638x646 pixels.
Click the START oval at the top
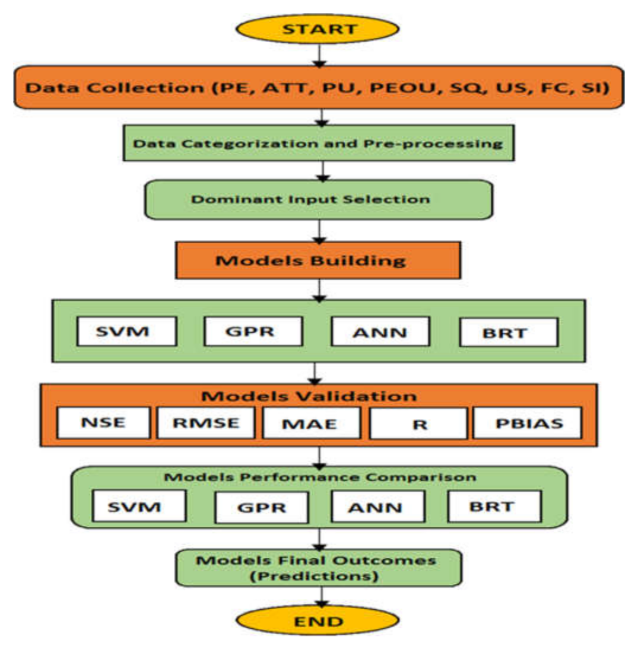(x=318, y=28)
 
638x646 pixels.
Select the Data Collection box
(x=318, y=88)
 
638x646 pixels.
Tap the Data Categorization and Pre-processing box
(x=318, y=143)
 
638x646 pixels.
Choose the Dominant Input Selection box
(x=318, y=199)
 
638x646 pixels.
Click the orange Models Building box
(x=318, y=260)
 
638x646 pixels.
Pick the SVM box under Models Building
(x=126, y=331)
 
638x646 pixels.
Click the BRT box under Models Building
(x=509, y=332)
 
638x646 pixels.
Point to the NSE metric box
(x=104, y=422)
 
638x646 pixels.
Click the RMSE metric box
(x=207, y=422)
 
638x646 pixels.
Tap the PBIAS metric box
(x=526, y=423)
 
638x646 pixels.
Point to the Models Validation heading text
(x=318, y=396)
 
